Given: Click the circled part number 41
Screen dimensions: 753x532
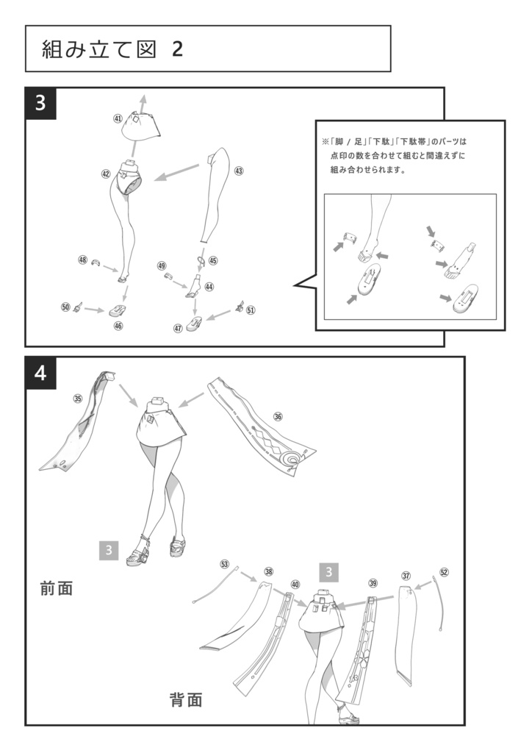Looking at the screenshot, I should tap(118, 118).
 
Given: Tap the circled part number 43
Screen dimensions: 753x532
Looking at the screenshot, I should tap(239, 171).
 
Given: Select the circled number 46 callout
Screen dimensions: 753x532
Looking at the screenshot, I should tap(118, 325).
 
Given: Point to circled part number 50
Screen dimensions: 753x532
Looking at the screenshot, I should tap(65, 307).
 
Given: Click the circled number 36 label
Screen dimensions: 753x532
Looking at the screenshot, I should tap(277, 416).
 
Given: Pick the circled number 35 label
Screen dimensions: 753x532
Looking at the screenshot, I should tap(77, 399).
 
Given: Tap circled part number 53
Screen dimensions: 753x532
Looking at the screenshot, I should tap(224, 564).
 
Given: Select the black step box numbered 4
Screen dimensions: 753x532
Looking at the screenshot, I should tap(40, 373).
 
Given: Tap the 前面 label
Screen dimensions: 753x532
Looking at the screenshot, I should tap(57, 588).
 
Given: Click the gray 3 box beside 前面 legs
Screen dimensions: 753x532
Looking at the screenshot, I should tap(108, 550).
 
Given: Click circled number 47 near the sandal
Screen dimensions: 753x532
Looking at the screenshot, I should tap(178, 328).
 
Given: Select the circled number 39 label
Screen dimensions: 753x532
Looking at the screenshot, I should tap(373, 583).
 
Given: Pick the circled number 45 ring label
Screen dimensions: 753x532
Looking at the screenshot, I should tap(213, 260).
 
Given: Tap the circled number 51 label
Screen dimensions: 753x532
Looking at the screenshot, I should tap(251, 310).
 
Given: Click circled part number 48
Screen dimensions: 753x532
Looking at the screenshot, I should tap(82, 260).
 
